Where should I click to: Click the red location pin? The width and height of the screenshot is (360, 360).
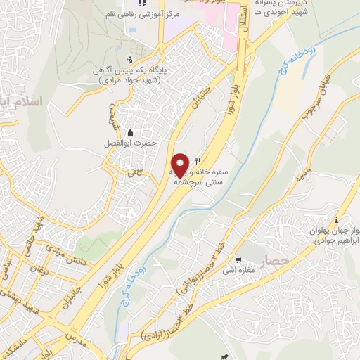coord(181,165)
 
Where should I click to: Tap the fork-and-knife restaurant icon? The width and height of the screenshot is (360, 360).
coord(199,161)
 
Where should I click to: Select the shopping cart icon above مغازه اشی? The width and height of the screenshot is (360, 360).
coord(239,259)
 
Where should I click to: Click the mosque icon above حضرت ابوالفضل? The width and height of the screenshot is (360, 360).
coord(129,132)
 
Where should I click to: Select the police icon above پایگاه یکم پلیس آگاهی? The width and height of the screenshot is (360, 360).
coord(129,59)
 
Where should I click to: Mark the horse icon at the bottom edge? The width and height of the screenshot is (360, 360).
coord(224,356)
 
